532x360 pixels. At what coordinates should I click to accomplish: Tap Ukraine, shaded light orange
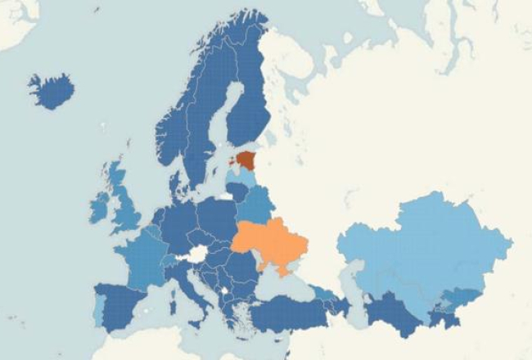(270, 241)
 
